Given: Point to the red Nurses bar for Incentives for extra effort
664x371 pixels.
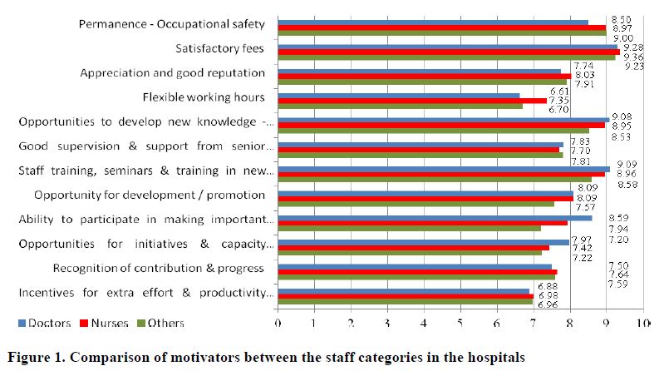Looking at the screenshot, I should [x=405, y=296].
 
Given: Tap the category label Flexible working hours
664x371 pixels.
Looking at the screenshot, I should [x=204, y=97].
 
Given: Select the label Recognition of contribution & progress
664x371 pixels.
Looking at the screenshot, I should [x=158, y=268].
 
